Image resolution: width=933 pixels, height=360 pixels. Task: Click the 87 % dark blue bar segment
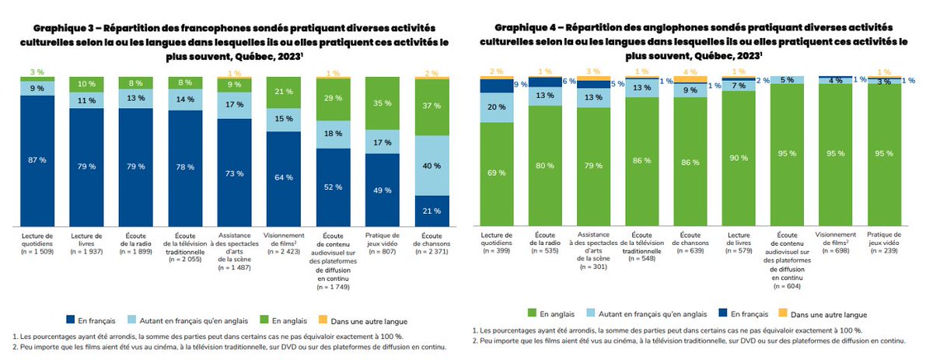tap(37, 161)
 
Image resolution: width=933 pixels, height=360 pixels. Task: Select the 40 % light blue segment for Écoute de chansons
tap(432, 166)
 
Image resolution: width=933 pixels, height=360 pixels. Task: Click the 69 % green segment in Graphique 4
tap(497, 174)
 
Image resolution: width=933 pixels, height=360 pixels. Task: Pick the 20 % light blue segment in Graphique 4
tap(497, 107)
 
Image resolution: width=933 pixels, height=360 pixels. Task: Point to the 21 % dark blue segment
tap(432, 211)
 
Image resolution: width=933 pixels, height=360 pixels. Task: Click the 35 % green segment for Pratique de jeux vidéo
tap(383, 103)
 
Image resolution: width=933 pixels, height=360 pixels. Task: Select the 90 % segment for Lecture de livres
tap(739, 159)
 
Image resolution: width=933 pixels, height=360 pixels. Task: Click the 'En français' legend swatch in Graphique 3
tap(71, 320)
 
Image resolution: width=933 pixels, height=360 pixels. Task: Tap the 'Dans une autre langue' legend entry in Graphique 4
tap(823, 314)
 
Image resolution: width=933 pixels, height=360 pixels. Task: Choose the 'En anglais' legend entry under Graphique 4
tap(551, 313)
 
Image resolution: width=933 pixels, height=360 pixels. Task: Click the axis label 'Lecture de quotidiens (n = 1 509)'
tap(37, 243)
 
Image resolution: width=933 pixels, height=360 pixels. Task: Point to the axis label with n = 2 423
tap(284, 243)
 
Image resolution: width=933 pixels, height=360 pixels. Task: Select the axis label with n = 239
tap(884, 243)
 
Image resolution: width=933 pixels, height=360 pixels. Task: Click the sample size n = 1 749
tap(333, 287)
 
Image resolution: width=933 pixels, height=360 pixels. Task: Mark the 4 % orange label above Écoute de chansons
tap(690, 72)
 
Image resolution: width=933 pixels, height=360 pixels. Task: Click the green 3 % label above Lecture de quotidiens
tap(37, 72)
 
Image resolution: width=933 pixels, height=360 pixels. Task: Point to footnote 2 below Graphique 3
tap(229, 347)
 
